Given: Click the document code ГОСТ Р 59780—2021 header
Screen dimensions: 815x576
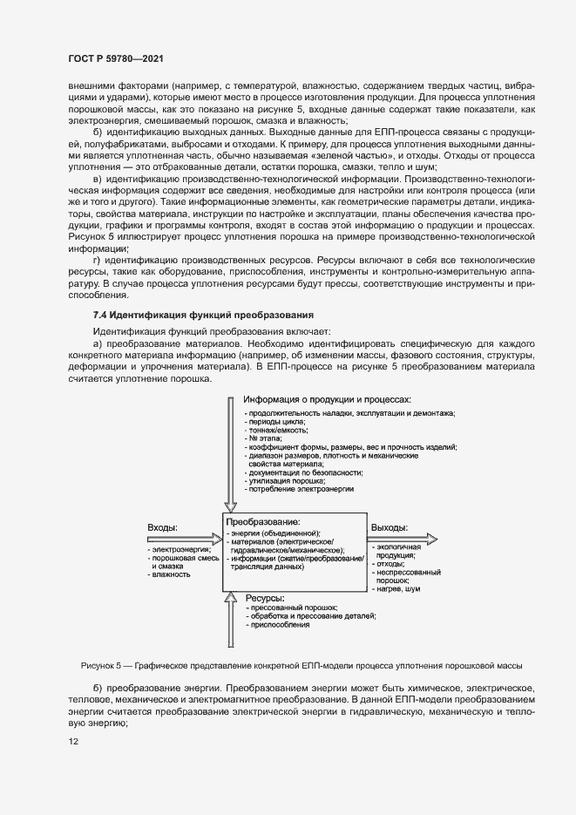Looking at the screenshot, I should pos(115,58).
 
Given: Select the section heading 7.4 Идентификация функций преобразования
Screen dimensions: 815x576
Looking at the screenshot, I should pos(202,314).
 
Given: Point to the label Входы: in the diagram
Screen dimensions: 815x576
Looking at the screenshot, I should pos(163,527).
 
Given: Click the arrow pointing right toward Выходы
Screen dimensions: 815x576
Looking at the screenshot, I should pos(400,539).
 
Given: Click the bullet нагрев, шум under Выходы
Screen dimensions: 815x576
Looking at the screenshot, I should pos(397,589).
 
